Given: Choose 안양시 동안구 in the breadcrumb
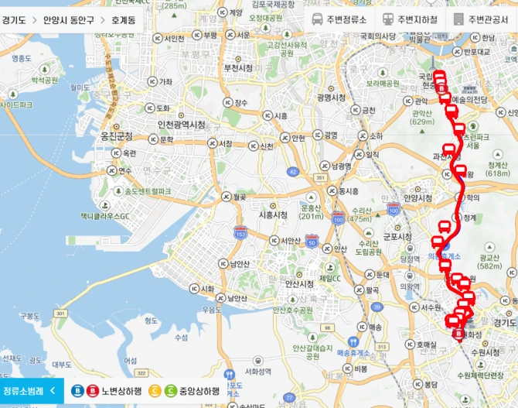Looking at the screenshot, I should pyautogui.click(x=67, y=19).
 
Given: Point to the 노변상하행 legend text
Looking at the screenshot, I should pyautogui.click(x=122, y=391).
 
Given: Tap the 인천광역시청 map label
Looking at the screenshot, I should pyautogui.click(x=181, y=125).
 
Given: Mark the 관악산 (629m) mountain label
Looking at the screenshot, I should pyautogui.click(x=421, y=117).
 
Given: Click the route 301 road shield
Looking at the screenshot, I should pyautogui.click(x=322, y=178).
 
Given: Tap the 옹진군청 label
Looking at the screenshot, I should pyautogui.click(x=117, y=136).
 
